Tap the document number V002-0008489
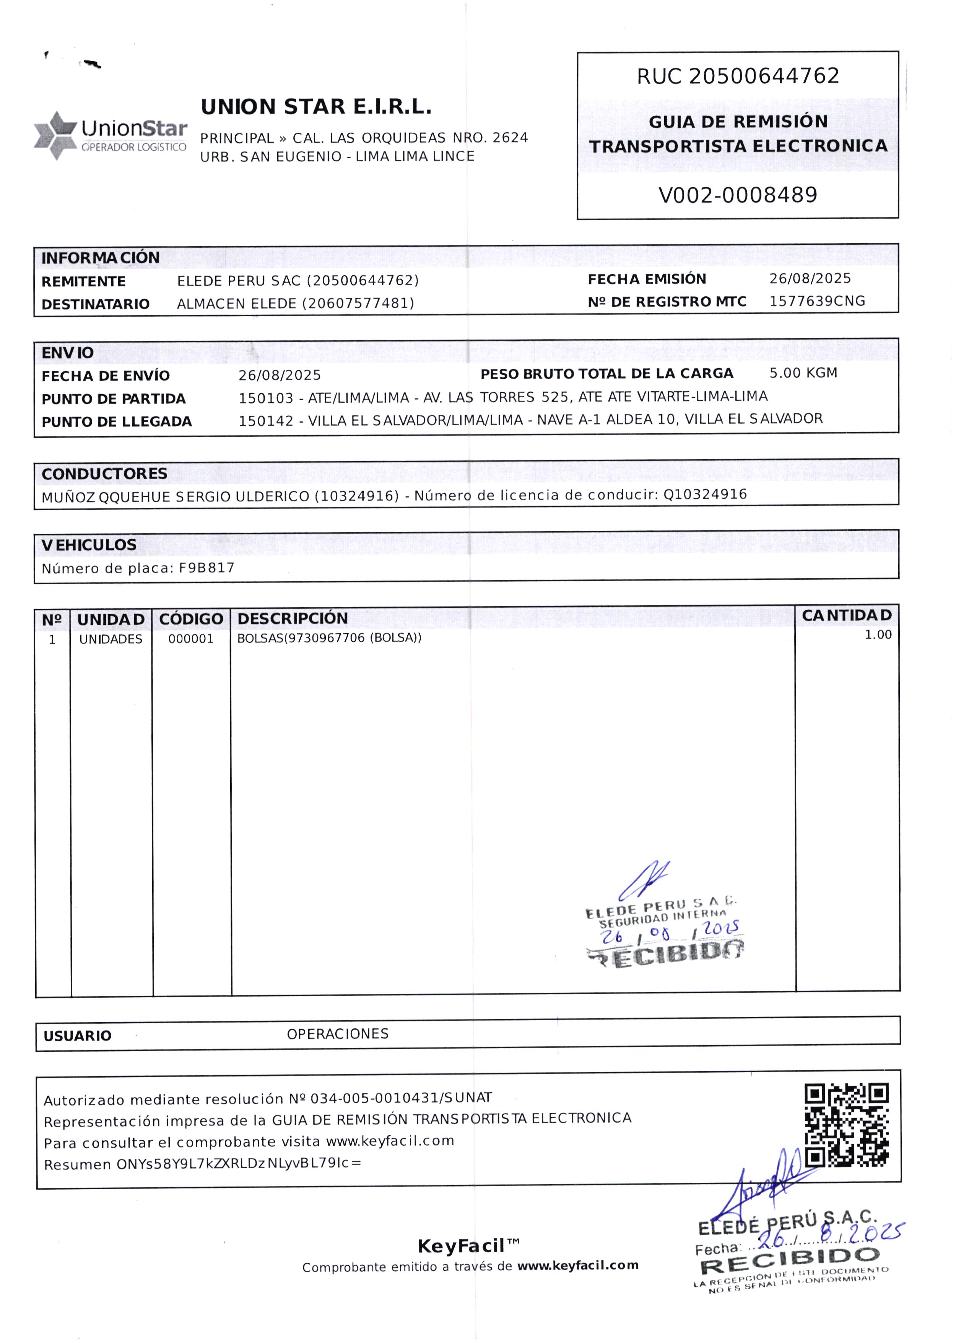(x=738, y=195)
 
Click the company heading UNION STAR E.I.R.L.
(x=316, y=107)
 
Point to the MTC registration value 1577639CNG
(x=817, y=301)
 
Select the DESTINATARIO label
(x=95, y=304)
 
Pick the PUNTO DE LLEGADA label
(x=117, y=422)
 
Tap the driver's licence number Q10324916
(x=705, y=494)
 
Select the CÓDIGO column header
(x=191, y=619)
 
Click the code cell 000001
(x=191, y=639)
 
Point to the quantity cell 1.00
(x=878, y=634)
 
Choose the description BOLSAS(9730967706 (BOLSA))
(x=329, y=638)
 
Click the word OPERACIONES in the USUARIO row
(x=337, y=1034)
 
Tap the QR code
(x=847, y=1126)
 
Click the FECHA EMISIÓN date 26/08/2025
(x=810, y=278)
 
